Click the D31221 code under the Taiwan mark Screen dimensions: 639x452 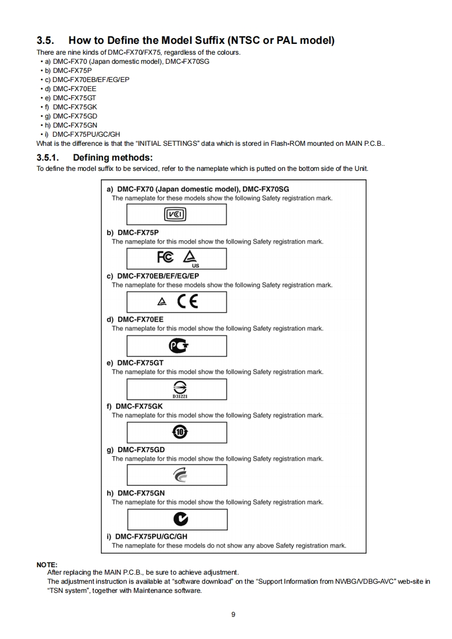point(176,396)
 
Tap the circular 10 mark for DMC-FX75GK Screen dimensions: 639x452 point(176,432)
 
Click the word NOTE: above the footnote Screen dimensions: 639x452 point(47,564)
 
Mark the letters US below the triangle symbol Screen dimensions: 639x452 point(196,265)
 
